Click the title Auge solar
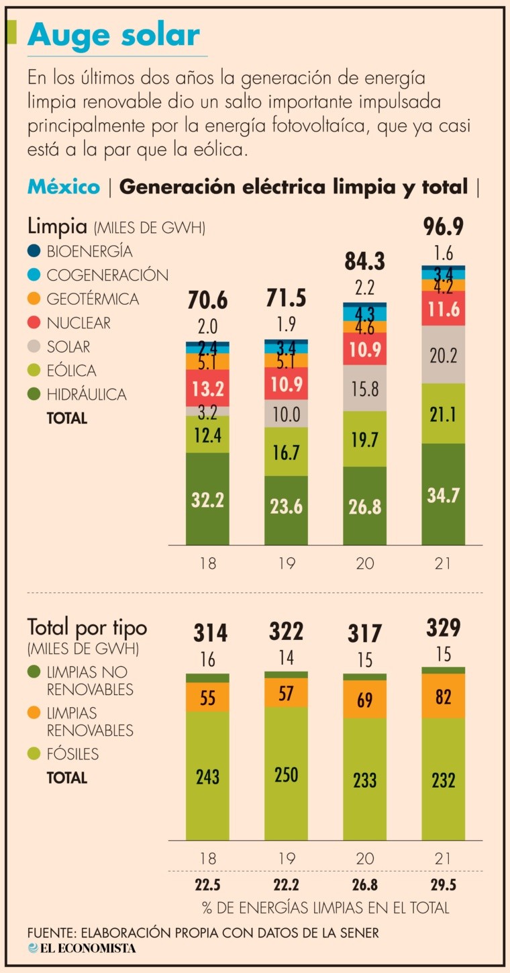(x=113, y=35)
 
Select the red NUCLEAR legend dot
(x=35, y=323)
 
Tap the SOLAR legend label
(x=68, y=347)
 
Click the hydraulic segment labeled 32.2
(x=207, y=499)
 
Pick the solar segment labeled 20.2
(x=444, y=354)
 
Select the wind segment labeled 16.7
(x=286, y=452)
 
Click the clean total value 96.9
(x=444, y=226)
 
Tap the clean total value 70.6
(x=207, y=299)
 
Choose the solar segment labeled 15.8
(x=365, y=389)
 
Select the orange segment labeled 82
(x=444, y=696)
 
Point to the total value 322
(x=286, y=632)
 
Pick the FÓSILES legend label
(x=72, y=754)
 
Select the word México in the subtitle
(x=64, y=187)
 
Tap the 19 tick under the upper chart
(x=286, y=563)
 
